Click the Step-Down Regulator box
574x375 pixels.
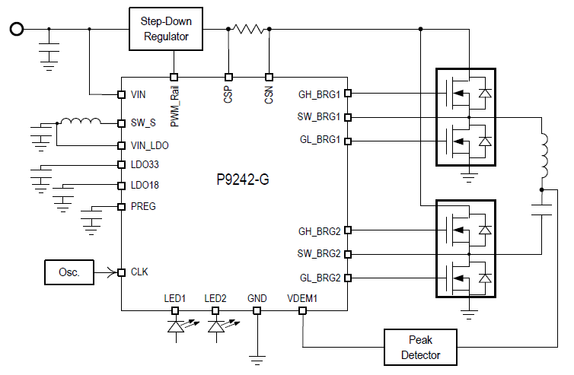pos(166,29)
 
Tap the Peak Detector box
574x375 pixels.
pos(420,347)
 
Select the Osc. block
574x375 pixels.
pos(69,272)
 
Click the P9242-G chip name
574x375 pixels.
pos(243,180)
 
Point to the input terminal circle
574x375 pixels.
pos(17,29)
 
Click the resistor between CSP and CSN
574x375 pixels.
pos(249,29)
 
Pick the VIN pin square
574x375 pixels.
pos(122,94)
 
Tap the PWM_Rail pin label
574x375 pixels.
pos(174,106)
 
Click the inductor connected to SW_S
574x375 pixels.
pos(81,121)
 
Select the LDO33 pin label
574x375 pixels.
pos(145,164)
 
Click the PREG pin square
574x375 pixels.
pos(122,207)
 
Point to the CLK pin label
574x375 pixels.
pos(139,272)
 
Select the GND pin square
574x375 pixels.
pos(257,310)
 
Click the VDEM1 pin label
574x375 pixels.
pos(302,298)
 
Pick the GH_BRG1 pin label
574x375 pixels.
pos(319,94)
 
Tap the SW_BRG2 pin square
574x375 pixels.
pos(348,254)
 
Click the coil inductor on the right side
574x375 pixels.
pos(544,156)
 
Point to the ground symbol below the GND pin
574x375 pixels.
pos(257,360)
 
